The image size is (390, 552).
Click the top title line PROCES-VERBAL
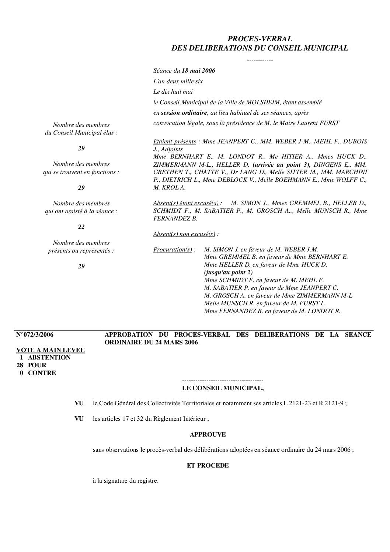tap(260, 38)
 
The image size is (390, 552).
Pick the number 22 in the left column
tap(81, 227)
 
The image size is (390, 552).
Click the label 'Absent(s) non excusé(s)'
tap(184, 234)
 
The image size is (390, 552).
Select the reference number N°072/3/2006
tap(35, 334)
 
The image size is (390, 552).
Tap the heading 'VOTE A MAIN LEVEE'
tap(51, 350)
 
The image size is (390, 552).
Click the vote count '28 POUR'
tap(31, 365)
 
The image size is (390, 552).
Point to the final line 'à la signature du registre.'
tap(126, 481)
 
